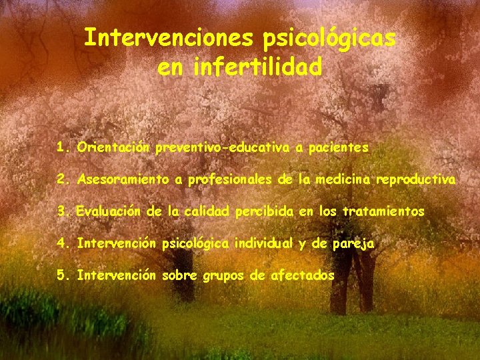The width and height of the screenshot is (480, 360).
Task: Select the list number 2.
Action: (63, 179)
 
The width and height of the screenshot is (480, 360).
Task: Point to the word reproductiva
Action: (416, 180)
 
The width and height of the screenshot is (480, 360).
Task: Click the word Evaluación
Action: (108, 211)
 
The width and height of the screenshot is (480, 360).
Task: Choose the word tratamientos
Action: (383, 211)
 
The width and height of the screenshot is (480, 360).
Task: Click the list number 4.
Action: (63, 243)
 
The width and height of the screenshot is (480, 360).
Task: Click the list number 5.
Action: (63, 275)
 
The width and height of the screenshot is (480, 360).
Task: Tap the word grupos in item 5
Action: (225, 275)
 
